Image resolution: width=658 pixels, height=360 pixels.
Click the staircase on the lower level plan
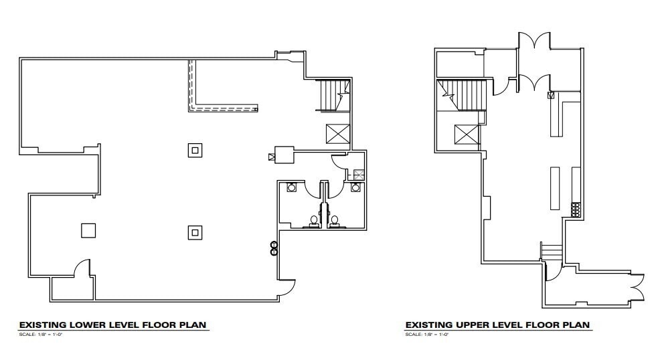click(x=332, y=94)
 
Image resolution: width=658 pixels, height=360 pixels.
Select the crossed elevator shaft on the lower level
click(x=337, y=134)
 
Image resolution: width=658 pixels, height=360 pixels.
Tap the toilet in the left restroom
click(x=313, y=220)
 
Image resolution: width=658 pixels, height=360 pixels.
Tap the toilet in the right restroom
click(x=335, y=220)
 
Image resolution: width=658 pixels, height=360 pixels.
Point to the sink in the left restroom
click(x=292, y=188)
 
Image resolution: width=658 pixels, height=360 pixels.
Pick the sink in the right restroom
click(x=355, y=188)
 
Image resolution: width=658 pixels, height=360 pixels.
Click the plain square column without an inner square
click(x=88, y=230)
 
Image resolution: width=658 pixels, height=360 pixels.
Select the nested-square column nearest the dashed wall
click(x=194, y=150)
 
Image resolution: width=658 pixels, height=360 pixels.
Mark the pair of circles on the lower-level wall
click(x=274, y=248)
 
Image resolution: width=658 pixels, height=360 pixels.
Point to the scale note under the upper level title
click(x=426, y=334)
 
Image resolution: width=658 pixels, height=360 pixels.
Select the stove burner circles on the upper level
click(x=574, y=209)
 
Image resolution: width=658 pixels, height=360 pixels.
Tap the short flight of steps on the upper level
click(x=550, y=253)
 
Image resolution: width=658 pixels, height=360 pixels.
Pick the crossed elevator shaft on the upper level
click(x=466, y=134)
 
